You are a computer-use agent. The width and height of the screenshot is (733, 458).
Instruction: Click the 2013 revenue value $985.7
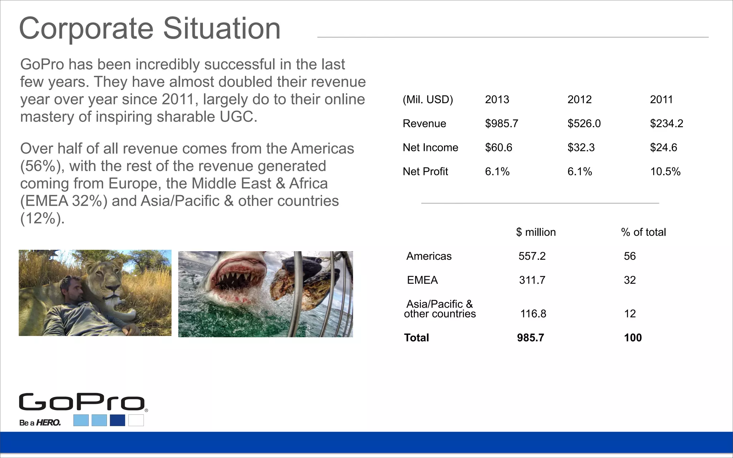pyautogui.click(x=501, y=123)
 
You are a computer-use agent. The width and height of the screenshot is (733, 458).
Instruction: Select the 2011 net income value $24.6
pyautogui.click(x=663, y=147)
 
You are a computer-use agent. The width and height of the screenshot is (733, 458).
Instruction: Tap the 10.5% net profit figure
pyautogui.click(x=665, y=171)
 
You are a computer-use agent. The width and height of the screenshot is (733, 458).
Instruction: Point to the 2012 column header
pyautogui.click(x=579, y=99)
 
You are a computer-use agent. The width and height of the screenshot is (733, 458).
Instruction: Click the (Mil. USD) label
pyautogui.click(x=428, y=99)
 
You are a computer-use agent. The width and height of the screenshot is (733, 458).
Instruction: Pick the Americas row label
pyautogui.click(x=429, y=256)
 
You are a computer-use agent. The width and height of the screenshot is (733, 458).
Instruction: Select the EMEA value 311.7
pyautogui.click(x=532, y=280)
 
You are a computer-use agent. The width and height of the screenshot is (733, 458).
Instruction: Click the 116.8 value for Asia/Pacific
pyautogui.click(x=533, y=314)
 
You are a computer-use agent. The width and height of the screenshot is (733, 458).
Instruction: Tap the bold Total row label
pyautogui.click(x=416, y=338)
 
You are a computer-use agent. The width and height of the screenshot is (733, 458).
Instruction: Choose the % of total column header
pyautogui.click(x=643, y=232)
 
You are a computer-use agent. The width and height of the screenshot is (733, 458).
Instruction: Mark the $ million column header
pyautogui.click(x=536, y=232)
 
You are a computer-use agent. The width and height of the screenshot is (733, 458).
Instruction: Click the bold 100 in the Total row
pyautogui.click(x=633, y=338)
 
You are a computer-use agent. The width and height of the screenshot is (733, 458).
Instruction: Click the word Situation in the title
pyautogui.click(x=222, y=29)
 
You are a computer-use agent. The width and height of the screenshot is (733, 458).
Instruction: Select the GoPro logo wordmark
pyautogui.click(x=82, y=402)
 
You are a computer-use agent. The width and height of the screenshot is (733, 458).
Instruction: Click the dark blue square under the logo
pyautogui.click(x=117, y=420)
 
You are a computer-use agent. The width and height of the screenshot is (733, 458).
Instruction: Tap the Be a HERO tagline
pyautogui.click(x=40, y=423)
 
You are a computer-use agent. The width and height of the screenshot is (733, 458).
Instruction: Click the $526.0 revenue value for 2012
pyautogui.click(x=584, y=123)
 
